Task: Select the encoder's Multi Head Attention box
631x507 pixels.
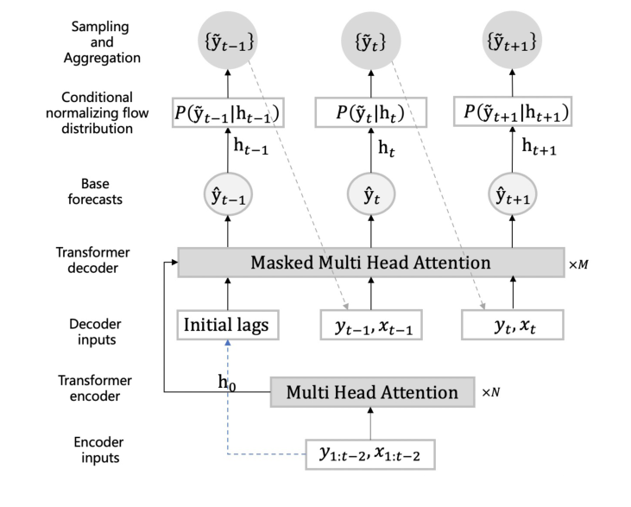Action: pos(372,392)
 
